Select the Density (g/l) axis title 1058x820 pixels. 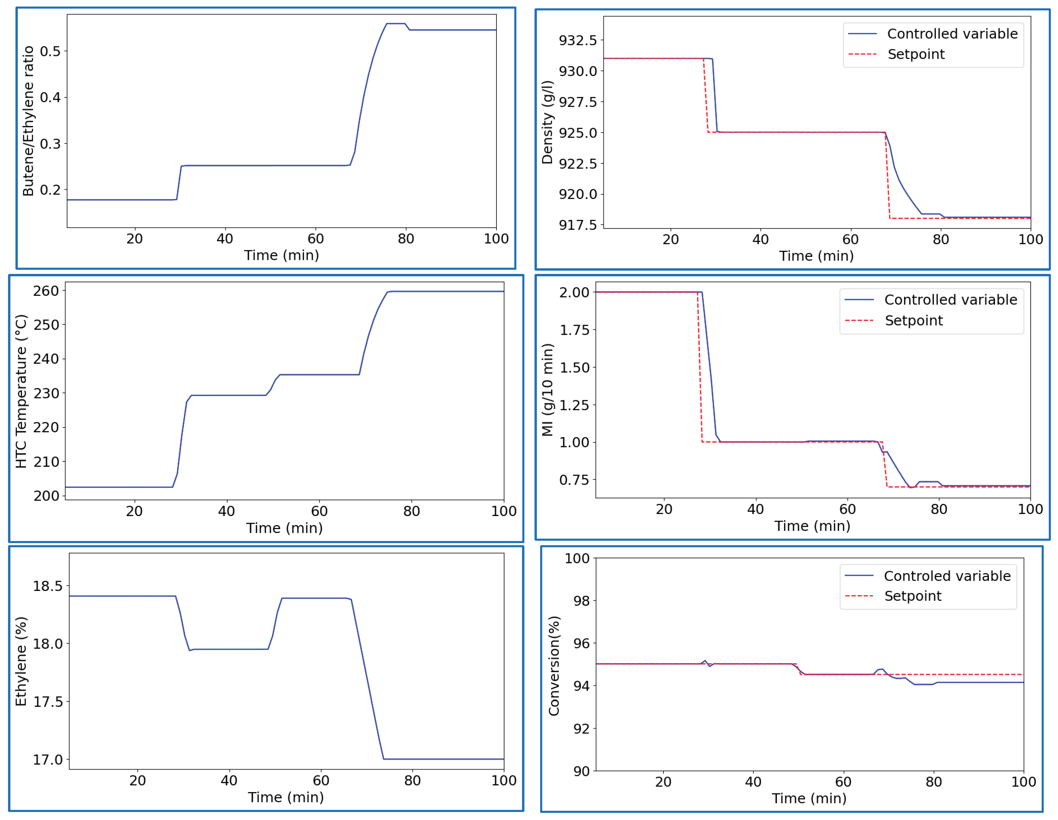(547, 122)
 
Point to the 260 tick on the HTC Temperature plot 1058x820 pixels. (46, 291)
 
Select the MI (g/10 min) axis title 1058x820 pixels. (547, 390)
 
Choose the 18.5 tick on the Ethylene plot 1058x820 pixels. (48, 586)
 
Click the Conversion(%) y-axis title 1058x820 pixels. (554, 666)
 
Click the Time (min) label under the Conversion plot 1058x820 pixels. (809, 798)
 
